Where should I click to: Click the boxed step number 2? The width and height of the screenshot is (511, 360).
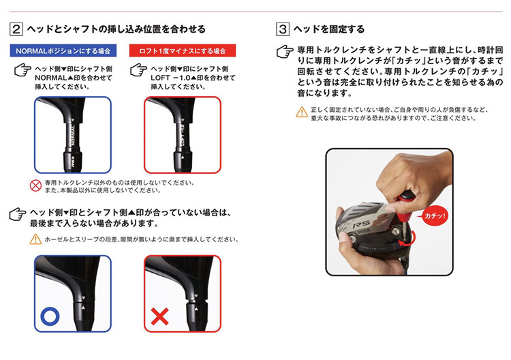tap(16, 29)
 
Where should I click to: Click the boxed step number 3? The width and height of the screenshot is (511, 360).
tap(283, 29)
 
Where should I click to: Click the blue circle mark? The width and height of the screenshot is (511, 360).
tap(50, 316)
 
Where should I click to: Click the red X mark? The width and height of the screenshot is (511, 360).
tap(160, 317)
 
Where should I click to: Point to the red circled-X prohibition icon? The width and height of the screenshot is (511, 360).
tap(35, 185)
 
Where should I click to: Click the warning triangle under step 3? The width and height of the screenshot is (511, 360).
tap(301, 112)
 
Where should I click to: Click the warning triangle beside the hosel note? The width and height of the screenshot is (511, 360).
tap(35, 239)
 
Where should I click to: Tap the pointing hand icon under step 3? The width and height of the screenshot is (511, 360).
tap(285, 52)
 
